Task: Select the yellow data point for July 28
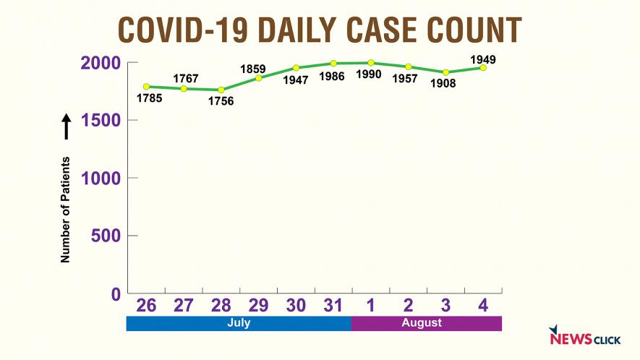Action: coord(221,90)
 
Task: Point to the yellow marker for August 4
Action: coord(483,67)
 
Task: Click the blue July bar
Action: coord(239,323)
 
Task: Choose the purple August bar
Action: coord(426,323)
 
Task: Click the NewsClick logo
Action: coord(580,337)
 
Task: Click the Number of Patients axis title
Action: coord(66,209)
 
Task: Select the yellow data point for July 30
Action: coord(296,68)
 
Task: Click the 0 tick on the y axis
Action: coord(114,293)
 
